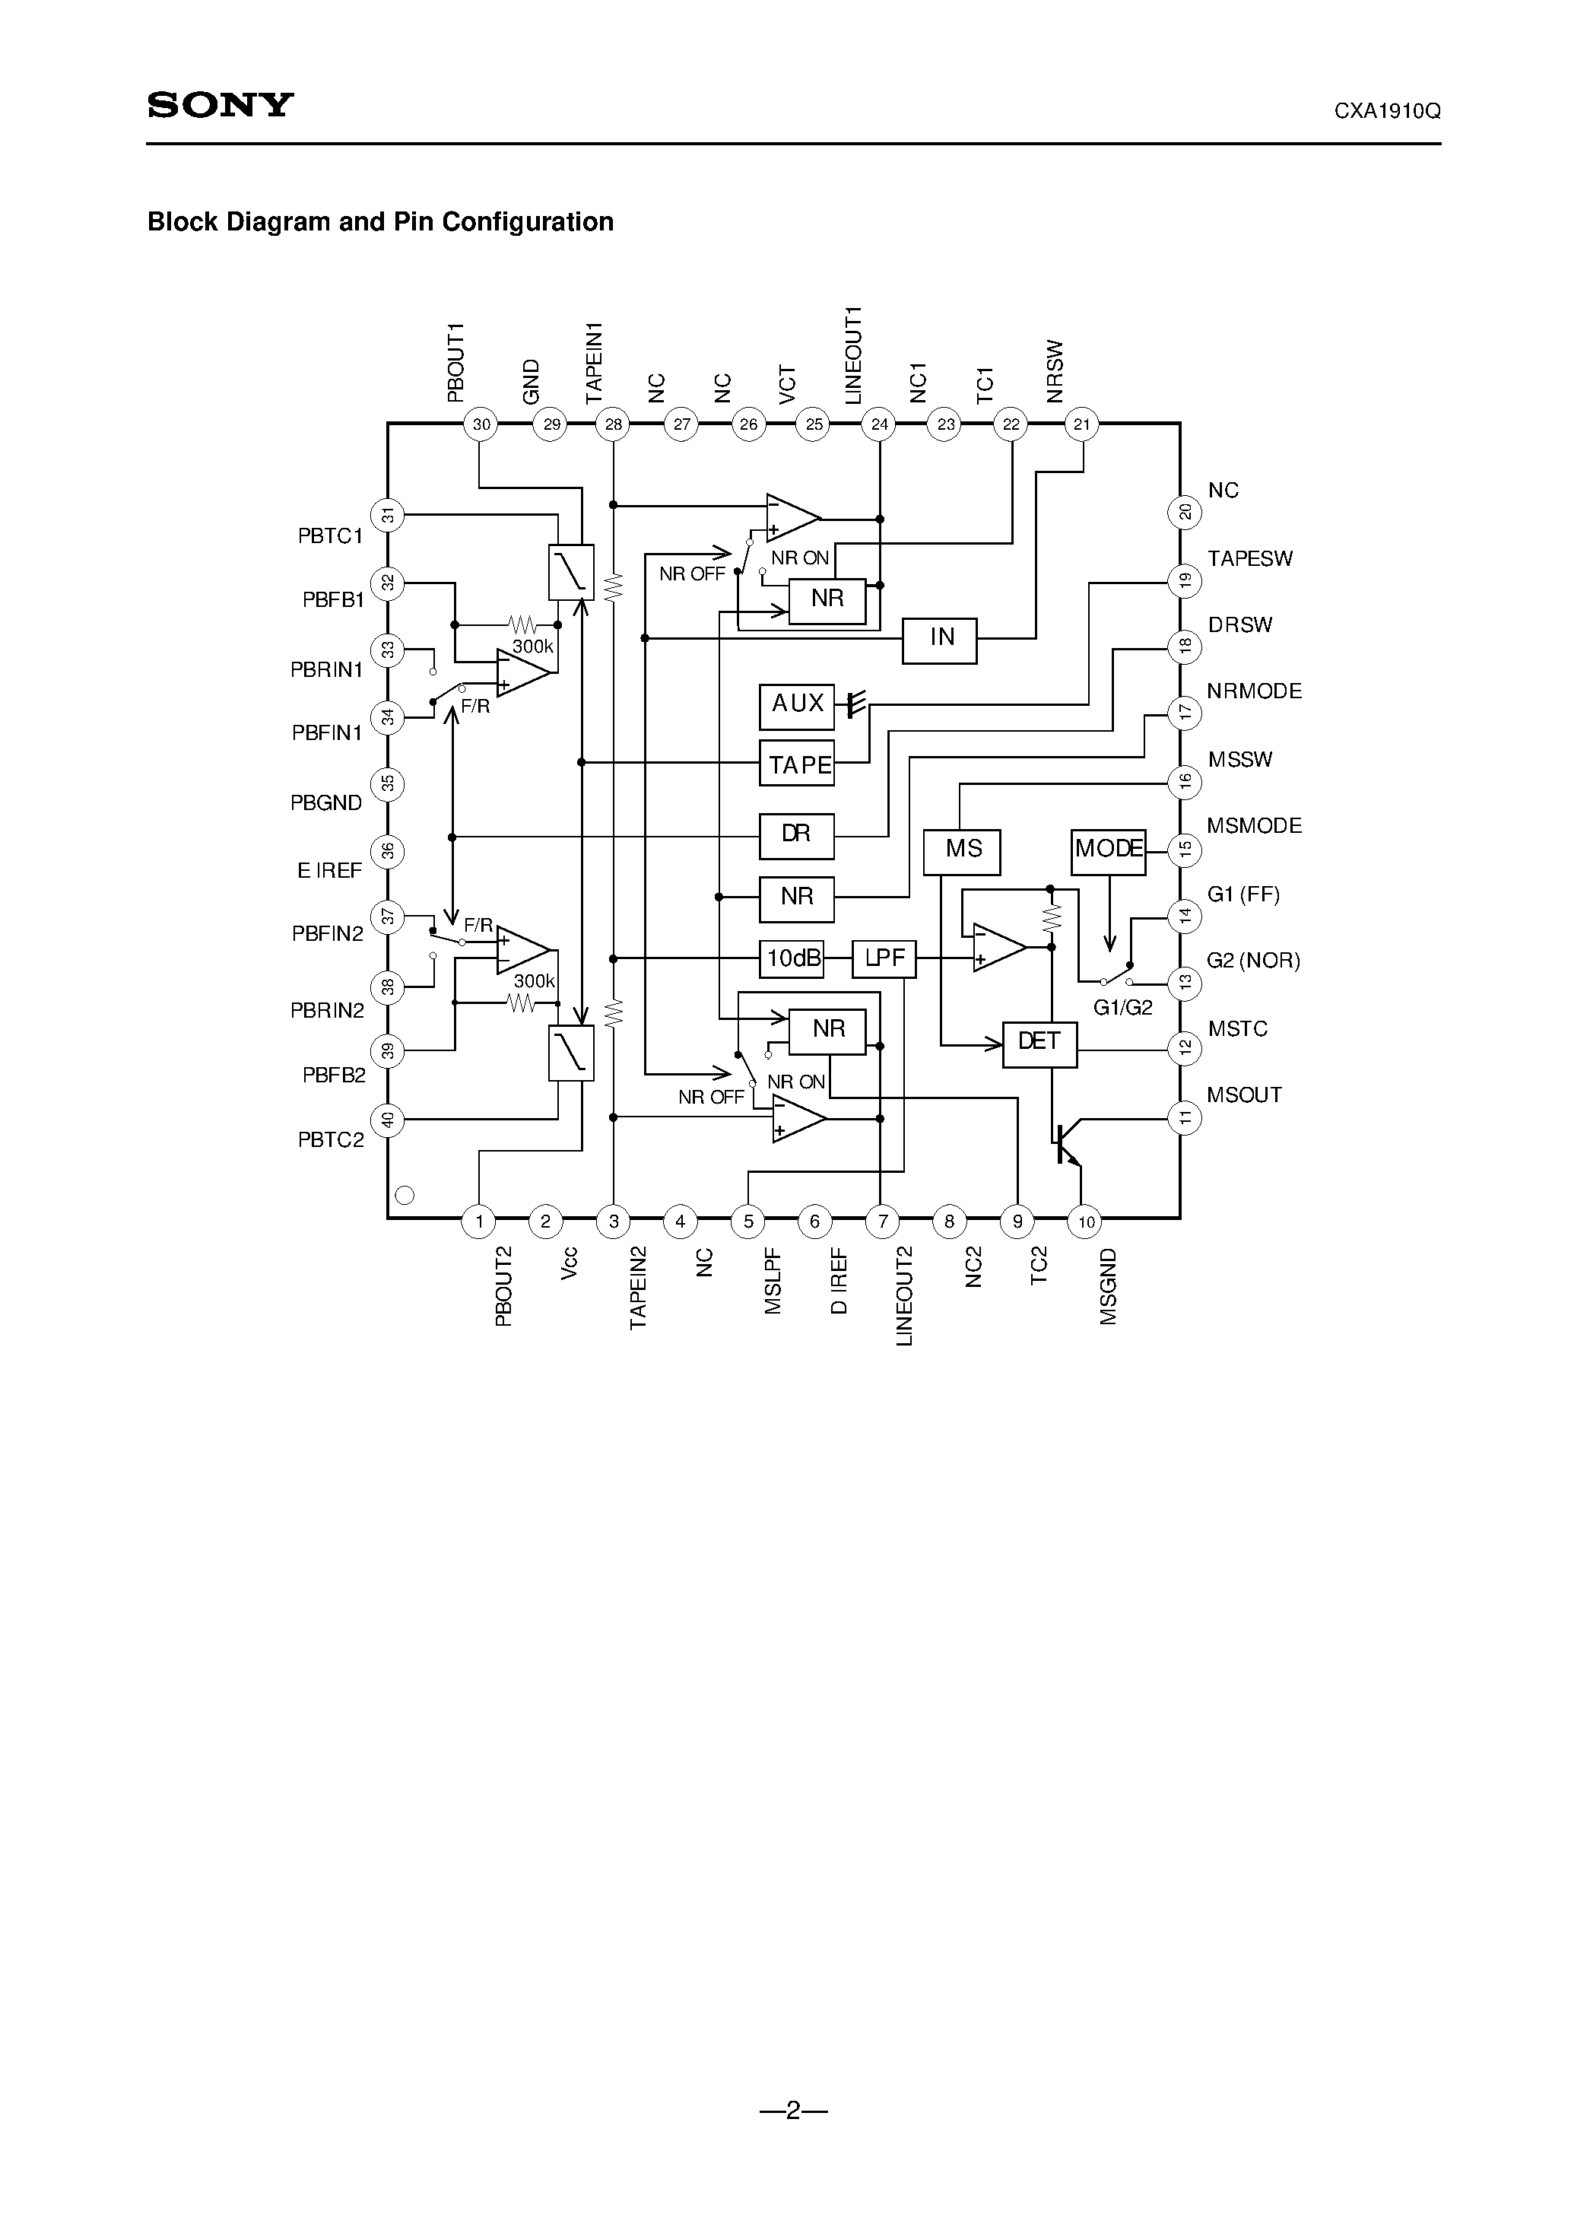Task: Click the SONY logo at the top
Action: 220,105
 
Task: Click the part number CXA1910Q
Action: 1386,111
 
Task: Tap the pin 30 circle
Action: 481,424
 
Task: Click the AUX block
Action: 796,704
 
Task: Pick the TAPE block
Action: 797,765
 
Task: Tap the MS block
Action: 962,850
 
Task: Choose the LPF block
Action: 884,959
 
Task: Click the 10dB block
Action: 792,959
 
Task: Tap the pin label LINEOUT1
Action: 853,355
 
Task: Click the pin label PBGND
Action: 326,803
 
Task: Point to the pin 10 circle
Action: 1086,1222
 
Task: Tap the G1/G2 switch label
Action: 1122,1007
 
